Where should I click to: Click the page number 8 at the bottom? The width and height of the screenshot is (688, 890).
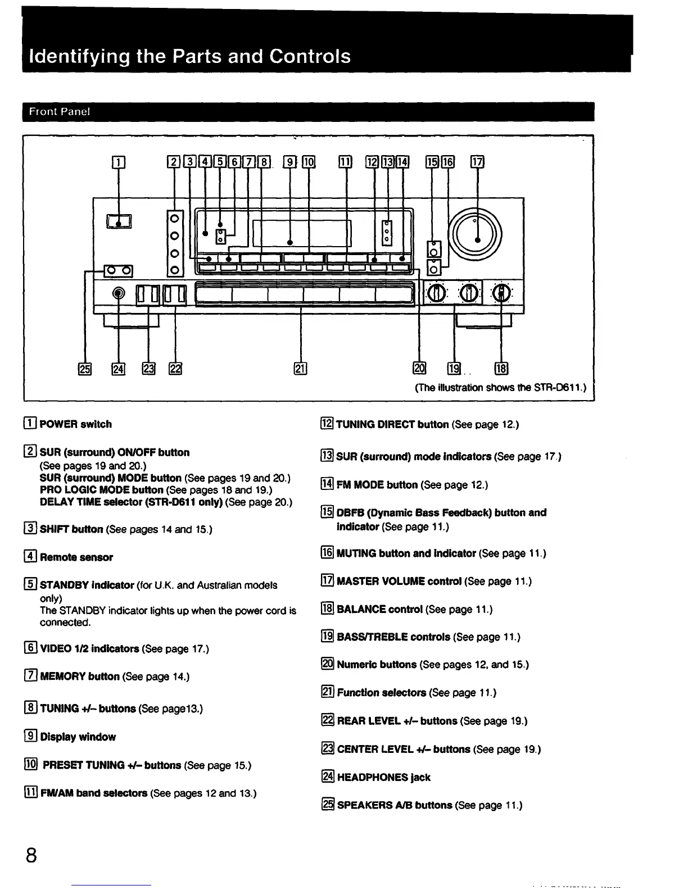[x=31, y=856]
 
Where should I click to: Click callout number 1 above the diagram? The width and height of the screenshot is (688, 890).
[x=118, y=163]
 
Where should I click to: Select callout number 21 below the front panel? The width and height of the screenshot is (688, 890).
[x=300, y=369]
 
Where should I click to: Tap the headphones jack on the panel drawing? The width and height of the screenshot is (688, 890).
[x=119, y=293]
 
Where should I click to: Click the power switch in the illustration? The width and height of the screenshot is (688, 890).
[x=119, y=222]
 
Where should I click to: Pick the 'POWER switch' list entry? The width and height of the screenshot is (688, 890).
[x=76, y=424]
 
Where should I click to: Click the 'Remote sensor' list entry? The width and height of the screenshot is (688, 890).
[x=76, y=557]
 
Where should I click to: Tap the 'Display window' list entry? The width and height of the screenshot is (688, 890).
[x=78, y=737]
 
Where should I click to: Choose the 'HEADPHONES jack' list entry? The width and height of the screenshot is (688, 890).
[x=383, y=777]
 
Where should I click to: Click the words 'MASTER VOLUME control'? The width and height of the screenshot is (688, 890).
[x=399, y=581]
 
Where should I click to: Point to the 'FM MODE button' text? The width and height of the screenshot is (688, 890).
[x=377, y=484]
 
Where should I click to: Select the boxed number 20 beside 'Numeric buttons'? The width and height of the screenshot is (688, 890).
[x=327, y=664]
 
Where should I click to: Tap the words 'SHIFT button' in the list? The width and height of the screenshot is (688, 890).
[x=71, y=529]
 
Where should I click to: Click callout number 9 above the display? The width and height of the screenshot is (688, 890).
[x=289, y=162]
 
